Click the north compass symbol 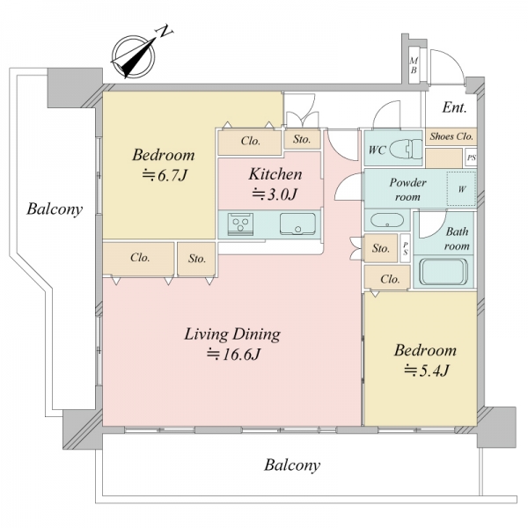pos(134,56)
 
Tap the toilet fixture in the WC pos(406,149)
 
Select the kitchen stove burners pos(240,224)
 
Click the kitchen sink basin pos(297,224)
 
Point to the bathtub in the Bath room pos(444,271)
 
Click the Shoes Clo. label pos(451,136)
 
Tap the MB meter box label pos(414,66)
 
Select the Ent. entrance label pos(454,107)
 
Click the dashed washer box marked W pos(461,188)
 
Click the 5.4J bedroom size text pos(426,370)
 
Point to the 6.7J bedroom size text pos(164,175)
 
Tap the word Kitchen pos(275,174)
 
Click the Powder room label pos(407,189)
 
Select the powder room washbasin pos(387,221)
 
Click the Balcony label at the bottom pos(292,466)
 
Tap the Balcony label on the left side pos(55,209)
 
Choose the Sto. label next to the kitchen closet pos(302,139)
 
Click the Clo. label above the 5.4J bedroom pos(390,279)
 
